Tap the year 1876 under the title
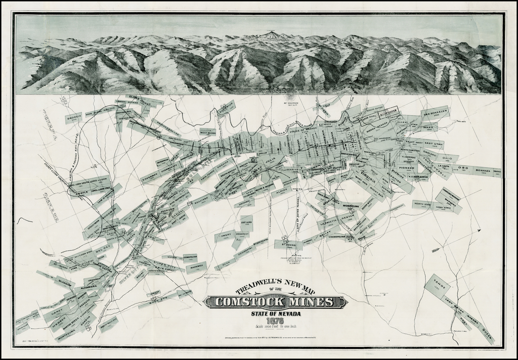pyautogui.click(x=276, y=321)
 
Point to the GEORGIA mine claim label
pyautogui.click(x=74, y=118)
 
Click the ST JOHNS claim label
pyautogui.click(x=289, y=245)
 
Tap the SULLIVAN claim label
pyautogui.click(x=201, y=201)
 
